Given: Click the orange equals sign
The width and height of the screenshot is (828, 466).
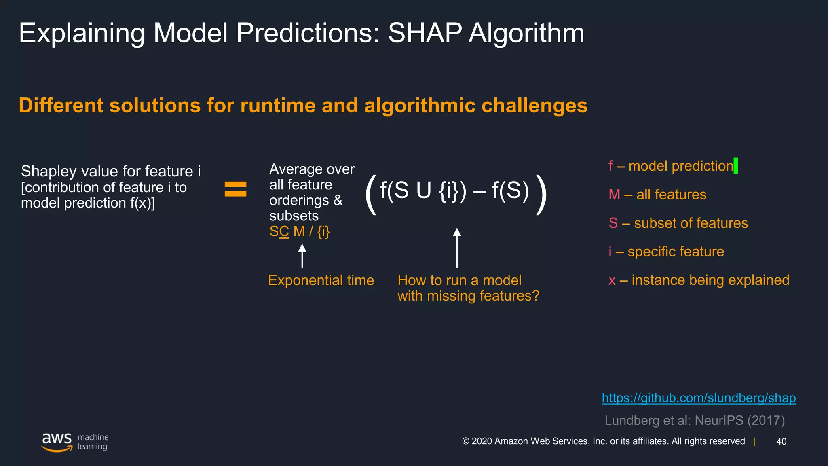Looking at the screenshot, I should [x=235, y=189].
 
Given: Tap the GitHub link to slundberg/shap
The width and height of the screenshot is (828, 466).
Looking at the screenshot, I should [x=699, y=398].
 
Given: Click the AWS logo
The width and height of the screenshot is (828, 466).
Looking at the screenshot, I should [x=57, y=442].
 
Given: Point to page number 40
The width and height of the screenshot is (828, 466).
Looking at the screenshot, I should [x=781, y=441].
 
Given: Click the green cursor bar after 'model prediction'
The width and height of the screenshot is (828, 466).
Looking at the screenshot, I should [x=735, y=165].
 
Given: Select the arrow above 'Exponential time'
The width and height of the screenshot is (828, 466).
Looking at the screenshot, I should [x=302, y=256].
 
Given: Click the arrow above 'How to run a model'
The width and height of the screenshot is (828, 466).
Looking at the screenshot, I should [x=457, y=248].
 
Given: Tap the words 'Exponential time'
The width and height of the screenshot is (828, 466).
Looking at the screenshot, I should [x=321, y=280].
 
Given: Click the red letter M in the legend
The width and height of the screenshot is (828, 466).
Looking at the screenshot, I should [x=614, y=195].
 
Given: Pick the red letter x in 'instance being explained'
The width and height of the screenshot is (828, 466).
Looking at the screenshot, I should [x=612, y=281].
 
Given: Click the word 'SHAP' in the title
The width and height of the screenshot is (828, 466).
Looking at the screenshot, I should [x=425, y=33].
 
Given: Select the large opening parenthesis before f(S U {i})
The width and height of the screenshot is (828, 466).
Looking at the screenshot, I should [x=371, y=195].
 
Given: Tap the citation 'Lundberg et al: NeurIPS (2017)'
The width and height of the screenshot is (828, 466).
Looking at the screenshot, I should [x=695, y=420].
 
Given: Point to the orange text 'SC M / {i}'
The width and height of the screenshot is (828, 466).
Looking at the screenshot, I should [x=300, y=231].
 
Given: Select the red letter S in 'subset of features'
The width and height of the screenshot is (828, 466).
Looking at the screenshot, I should [x=613, y=223].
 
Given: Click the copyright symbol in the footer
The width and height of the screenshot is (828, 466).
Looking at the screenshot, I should [x=466, y=441].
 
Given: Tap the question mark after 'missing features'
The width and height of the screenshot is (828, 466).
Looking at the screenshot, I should [x=535, y=296].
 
